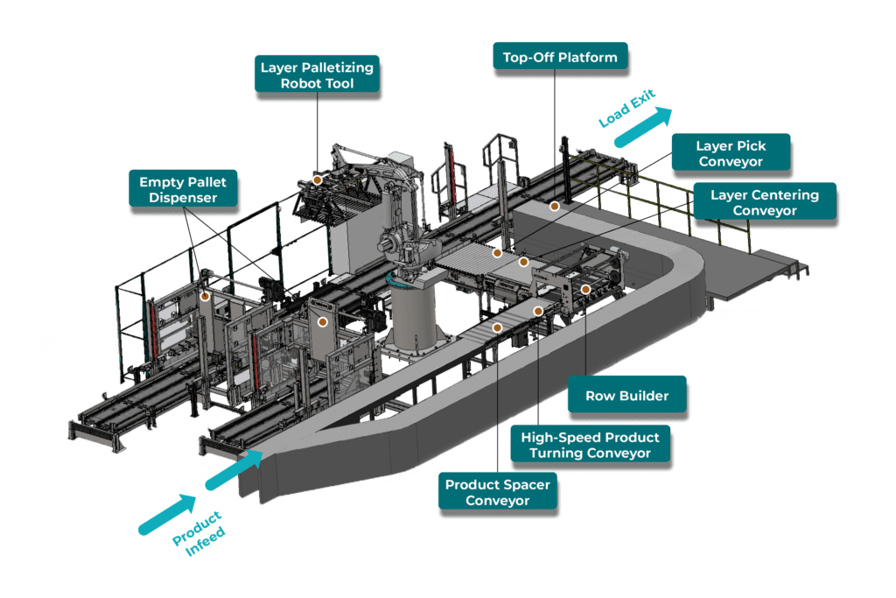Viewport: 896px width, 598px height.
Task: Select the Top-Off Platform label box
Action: coord(560,58)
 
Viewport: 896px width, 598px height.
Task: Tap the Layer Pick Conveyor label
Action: coord(731,154)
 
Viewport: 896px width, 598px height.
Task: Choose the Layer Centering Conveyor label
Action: coord(764,203)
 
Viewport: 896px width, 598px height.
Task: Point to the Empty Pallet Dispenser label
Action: coord(184,190)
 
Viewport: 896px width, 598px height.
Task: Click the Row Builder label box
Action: coord(626,396)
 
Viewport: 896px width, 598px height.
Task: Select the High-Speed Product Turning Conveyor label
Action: coord(590,445)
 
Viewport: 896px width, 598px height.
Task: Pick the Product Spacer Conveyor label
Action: coord(497,492)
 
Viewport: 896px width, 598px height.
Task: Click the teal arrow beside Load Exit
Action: coord(643,127)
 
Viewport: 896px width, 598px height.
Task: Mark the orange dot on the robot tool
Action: coord(318,179)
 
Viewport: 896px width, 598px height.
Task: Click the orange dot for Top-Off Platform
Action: coord(554,207)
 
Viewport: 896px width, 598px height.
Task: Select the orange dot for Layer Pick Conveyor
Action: coord(497,253)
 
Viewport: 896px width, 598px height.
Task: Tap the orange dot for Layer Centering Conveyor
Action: coord(523,261)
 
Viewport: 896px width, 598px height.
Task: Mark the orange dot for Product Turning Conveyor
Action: coord(539,311)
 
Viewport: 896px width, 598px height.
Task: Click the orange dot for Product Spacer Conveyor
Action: coord(497,327)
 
